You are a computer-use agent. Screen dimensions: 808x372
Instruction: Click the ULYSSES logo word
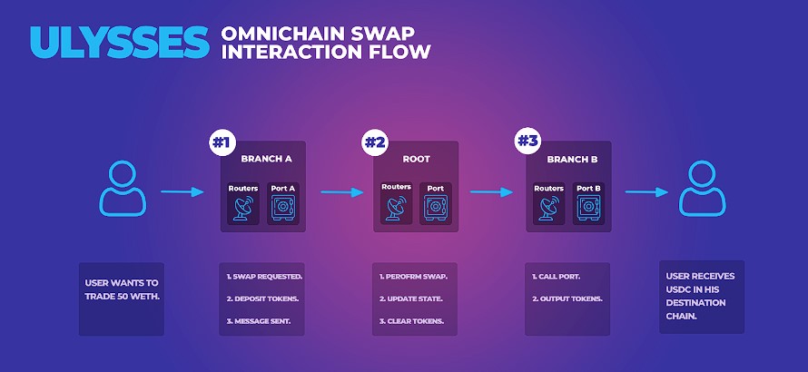pos(120,43)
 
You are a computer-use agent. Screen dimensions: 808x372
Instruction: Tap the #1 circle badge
pos(222,142)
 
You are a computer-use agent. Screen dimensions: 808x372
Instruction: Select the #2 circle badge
pos(375,142)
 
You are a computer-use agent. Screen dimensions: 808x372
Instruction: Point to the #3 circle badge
pos(527,142)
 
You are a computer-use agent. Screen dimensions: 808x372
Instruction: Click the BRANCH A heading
pos(266,159)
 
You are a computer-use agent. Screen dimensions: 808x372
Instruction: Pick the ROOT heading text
pos(416,159)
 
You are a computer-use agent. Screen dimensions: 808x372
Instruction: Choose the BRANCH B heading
pos(573,159)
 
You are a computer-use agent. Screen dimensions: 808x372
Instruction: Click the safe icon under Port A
pos(283,209)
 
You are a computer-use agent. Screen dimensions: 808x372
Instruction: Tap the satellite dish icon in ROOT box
pos(396,208)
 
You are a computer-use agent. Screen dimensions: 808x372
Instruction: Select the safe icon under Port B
pos(588,209)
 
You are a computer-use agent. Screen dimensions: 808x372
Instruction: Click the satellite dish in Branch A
pos(243,209)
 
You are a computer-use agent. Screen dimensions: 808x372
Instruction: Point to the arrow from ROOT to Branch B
pos(491,192)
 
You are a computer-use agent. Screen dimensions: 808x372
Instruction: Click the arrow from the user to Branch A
pos(182,191)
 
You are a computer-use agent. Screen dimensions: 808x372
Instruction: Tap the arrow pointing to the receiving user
pos(646,192)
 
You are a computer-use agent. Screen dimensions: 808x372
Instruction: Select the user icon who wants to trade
pos(123,188)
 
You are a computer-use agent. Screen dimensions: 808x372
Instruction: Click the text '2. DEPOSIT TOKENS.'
pos(262,299)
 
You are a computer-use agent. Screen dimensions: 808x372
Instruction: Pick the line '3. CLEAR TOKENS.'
pos(412,321)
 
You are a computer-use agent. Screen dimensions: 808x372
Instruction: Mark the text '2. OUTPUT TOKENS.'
pos(567,299)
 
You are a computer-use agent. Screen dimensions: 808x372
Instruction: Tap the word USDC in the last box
pos(677,289)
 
